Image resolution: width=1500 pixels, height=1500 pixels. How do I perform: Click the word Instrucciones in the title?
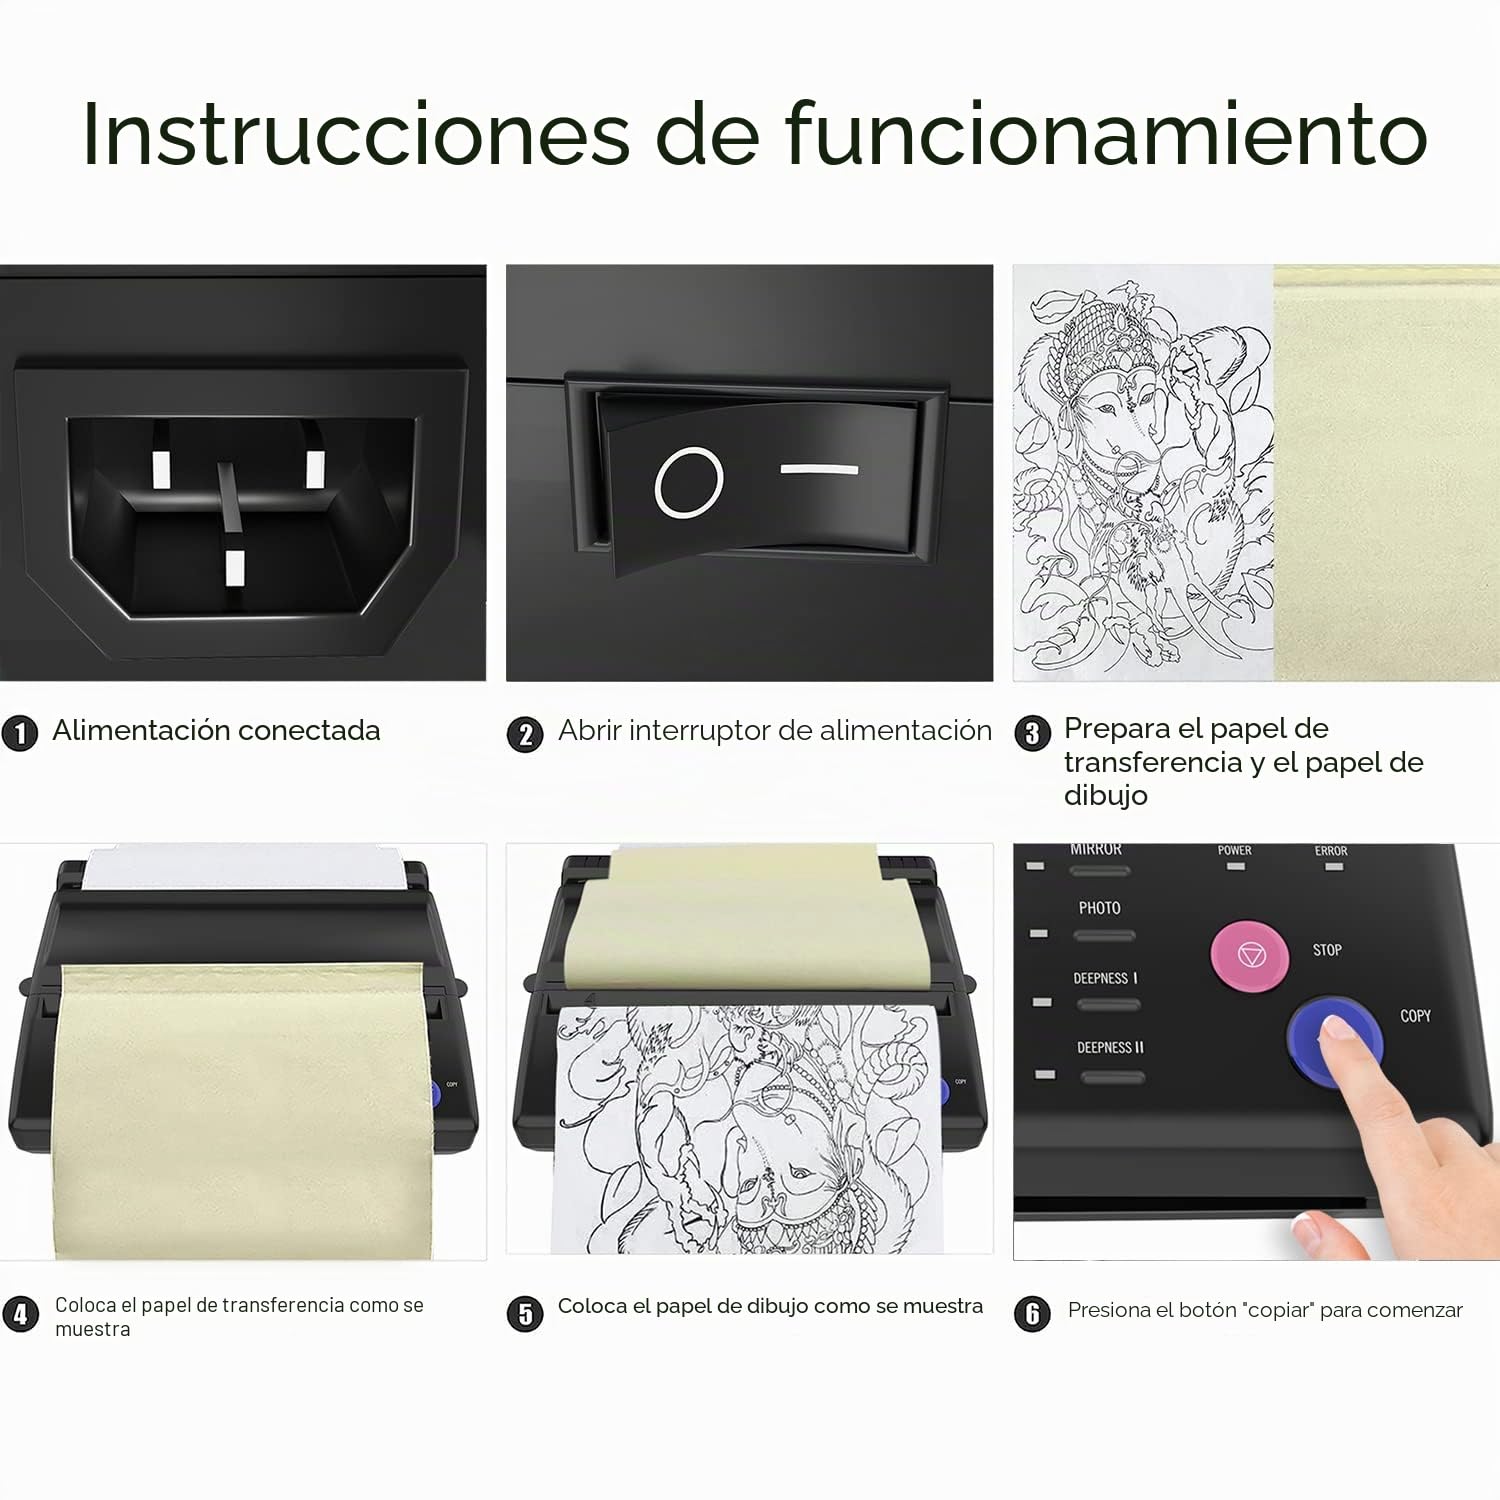click(x=356, y=133)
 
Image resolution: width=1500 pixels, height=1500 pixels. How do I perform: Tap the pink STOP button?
click(x=1251, y=955)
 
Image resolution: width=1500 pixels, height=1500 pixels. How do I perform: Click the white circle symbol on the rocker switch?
click(x=689, y=482)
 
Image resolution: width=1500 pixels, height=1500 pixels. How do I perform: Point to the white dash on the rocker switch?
click(x=819, y=468)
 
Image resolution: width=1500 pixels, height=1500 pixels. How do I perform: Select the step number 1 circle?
click(x=20, y=733)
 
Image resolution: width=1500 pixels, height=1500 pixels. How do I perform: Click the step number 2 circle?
click(x=525, y=735)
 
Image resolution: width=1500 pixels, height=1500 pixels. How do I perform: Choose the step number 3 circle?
click(x=1033, y=733)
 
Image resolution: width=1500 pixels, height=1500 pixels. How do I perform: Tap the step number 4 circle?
click(x=21, y=1313)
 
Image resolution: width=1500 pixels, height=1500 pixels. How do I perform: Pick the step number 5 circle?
click(x=525, y=1313)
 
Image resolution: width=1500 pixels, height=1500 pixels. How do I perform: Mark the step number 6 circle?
click(x=1033, y=1313)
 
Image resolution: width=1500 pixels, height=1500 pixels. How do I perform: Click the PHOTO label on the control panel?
click(x=1099, y=908)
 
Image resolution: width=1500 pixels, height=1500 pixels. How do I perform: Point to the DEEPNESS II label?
click(x=1110, y=1048)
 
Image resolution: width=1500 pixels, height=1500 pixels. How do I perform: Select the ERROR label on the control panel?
click(x=1331, y=851)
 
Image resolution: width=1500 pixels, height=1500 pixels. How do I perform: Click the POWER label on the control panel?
click(x=1235, y=850)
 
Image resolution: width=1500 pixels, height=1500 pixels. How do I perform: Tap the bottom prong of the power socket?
click(x=235, y=567)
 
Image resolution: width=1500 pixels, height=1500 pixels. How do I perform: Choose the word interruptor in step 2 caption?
click(x=701, y=731)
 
